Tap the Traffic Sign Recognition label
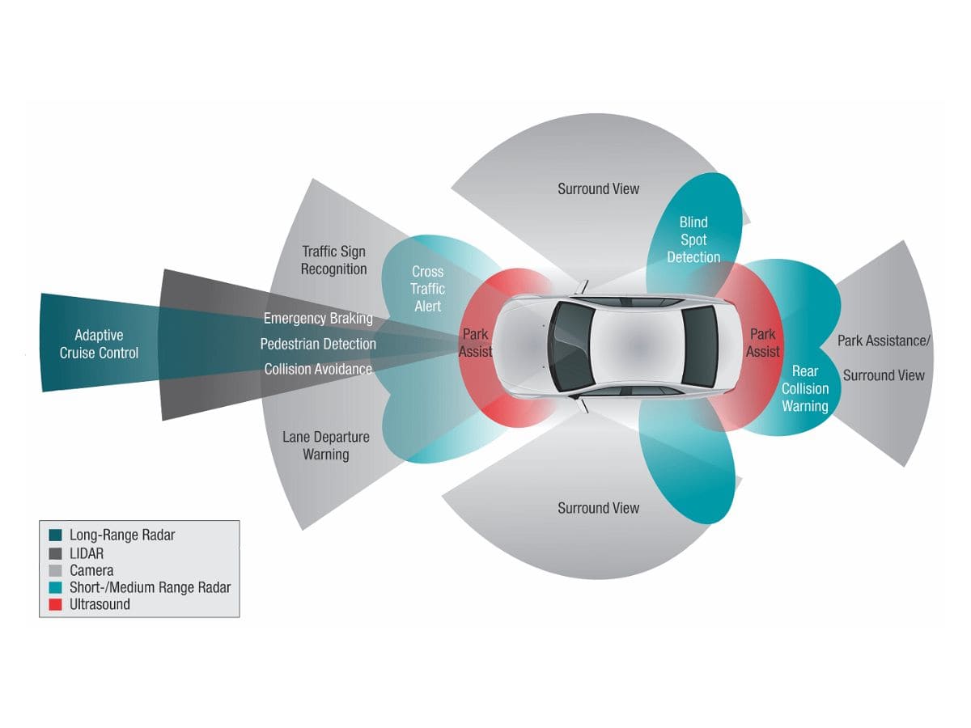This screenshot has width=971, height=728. coord(334,260)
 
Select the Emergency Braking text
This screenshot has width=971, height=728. coord(318,318)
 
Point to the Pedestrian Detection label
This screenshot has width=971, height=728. coord(318,344)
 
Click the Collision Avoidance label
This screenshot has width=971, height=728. coord(318,369)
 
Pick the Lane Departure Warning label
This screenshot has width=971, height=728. coord(326,446)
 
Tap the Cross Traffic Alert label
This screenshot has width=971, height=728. coord(427,289)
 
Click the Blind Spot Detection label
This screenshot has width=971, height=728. coord(693,239)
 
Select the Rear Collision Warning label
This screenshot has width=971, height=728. coord(805,388)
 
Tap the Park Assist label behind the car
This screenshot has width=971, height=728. coord(763,343)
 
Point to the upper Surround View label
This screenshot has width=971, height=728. coord(598,188)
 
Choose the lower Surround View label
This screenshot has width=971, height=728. coord(598,508)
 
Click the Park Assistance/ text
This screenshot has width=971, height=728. coord(884,341)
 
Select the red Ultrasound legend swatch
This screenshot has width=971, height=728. coord(55,604)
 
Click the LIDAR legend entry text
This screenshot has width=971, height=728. coord(87,553)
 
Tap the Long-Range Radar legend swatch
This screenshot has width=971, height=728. coord(55,535)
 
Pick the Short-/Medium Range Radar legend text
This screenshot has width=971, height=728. coord(151,587)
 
